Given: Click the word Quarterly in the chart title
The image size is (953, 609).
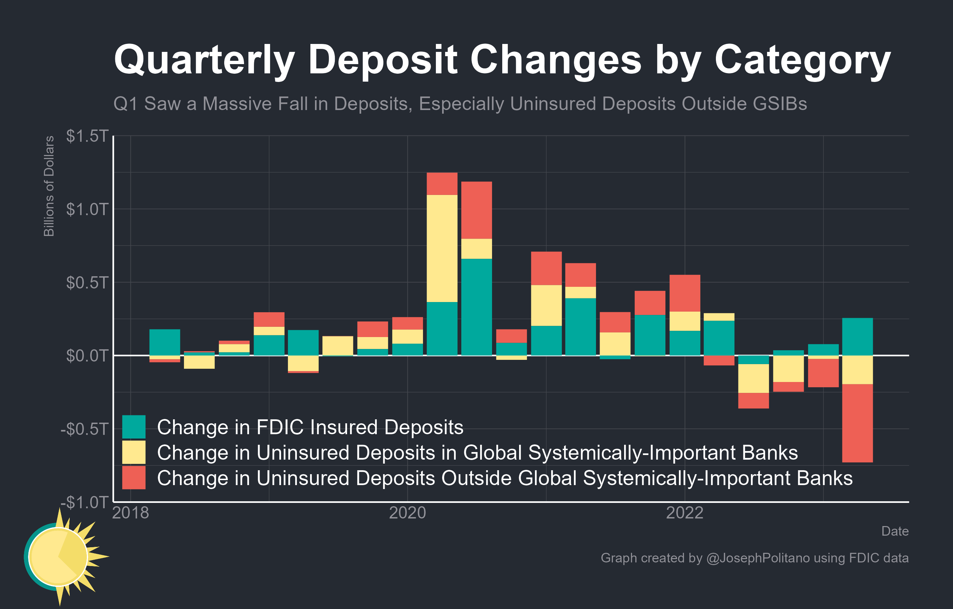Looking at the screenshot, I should click(x=204, y=60).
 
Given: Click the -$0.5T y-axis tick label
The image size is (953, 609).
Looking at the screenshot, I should click(x=84, y=429).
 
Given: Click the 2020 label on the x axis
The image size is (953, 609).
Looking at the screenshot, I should click(x=407, y=513).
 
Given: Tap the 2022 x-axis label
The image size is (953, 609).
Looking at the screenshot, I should click(x=684, y=513).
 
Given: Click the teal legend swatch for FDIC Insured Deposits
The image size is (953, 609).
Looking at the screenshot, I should click(x=134, y=427).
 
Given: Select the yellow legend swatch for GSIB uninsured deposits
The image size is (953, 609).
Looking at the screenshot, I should click(x=134, y=452).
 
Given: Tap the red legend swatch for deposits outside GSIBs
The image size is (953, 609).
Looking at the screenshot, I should click(x=134, y=477).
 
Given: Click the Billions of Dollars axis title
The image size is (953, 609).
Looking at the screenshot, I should click(x=49, y=186).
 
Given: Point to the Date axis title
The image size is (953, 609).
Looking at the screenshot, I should click(x=895, y=531).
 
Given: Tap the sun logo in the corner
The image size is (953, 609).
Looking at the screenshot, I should click(x=59, y=556).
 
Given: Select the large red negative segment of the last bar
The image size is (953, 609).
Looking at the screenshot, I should click(x=857, y=423).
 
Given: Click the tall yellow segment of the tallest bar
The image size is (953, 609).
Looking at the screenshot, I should click(x=442, y=248).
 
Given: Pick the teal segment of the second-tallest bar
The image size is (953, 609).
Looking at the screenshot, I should click(x=476, y=307).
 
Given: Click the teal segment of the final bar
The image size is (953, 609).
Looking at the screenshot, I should click(x=857, y=337).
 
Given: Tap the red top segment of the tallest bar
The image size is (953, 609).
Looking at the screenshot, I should click(x=442, y=184).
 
